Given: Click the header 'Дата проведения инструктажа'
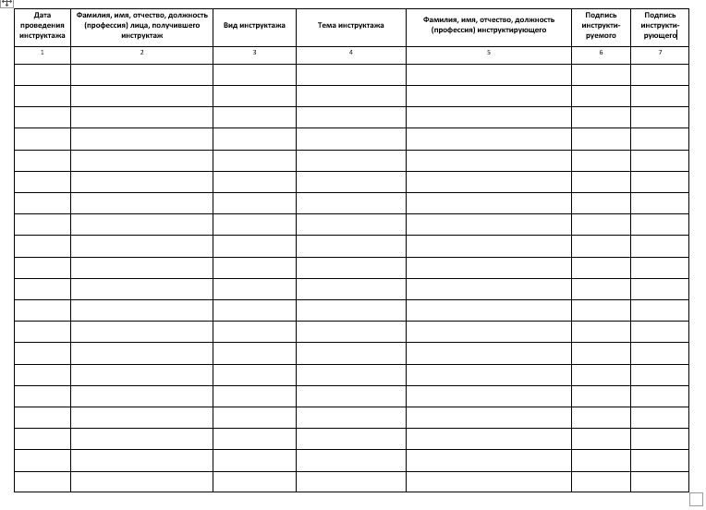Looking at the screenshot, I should click(x=42, y=25).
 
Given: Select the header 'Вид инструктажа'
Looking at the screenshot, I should click(x=254, y=25).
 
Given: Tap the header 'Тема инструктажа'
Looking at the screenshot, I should click(x=350, y=25).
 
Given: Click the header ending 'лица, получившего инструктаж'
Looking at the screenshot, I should click(x=141, y=25).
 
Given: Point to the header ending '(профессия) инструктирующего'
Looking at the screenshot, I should click(x=488, y=25).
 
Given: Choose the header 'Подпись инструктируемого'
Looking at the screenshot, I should click(x=601, y=25).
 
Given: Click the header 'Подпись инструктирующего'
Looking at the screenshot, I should click(x=660, y=25).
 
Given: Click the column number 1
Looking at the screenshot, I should click(x=42, y=53).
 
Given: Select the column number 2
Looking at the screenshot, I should click(x=141, y=53).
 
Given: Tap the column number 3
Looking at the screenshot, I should click(x=254, y=53).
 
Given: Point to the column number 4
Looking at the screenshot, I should click(x=350, y=53).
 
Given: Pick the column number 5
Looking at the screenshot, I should click(x=488, y=53).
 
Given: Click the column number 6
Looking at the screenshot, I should click(x=601, y=53).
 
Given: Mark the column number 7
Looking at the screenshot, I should click(x=660, y=53).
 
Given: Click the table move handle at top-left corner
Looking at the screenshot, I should click(x=6, y=3).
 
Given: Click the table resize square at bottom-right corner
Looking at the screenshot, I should click(x=697, y=500).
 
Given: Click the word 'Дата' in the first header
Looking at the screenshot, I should click(x=42, y=15).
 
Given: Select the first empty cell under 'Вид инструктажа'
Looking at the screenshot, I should click(x=254, y=75).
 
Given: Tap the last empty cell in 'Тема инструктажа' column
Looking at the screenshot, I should click(x=350, y=481).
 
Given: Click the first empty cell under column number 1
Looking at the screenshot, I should click(x=42, y=75).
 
